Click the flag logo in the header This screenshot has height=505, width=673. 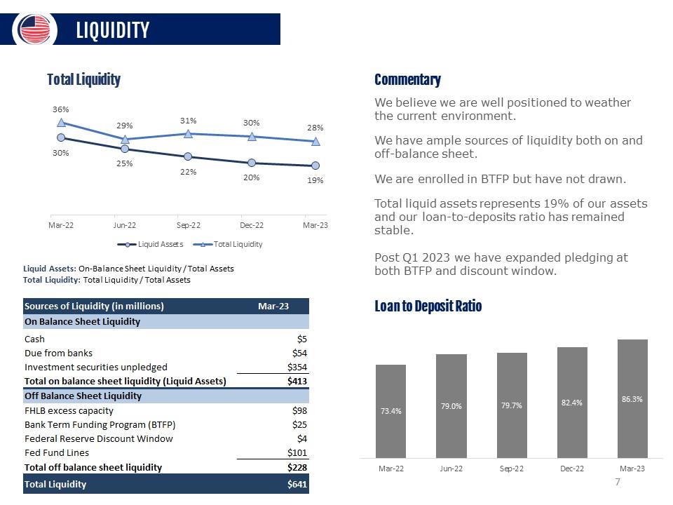[34, 29]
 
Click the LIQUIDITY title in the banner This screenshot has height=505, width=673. [113, 30]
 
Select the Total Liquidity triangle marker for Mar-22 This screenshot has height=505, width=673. [62, 123]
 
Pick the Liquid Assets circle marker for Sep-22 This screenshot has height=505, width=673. [188, 156]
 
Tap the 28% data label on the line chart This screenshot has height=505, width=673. [315, 128]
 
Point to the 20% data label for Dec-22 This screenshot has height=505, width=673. [252, 177]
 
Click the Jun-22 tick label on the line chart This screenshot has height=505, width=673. [125, 225]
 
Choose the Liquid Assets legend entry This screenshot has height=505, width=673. [150, 244]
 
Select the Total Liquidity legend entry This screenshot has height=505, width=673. [228, 244]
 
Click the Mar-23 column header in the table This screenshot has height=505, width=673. [273, 307]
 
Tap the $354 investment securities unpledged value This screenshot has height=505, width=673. [297, 367]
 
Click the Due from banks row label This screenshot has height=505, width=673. [58, 353]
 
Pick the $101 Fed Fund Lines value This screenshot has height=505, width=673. [297, 452]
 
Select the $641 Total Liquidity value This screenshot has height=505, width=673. [297, 485]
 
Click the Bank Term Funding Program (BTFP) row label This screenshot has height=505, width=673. [100, 425]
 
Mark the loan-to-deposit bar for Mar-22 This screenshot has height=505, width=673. [390, 412]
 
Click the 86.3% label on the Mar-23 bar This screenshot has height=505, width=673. [632, 399]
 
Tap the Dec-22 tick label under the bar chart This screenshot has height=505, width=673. [572, 469]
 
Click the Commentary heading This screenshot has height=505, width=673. [407, 80]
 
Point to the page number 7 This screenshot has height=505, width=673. [618, 482]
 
